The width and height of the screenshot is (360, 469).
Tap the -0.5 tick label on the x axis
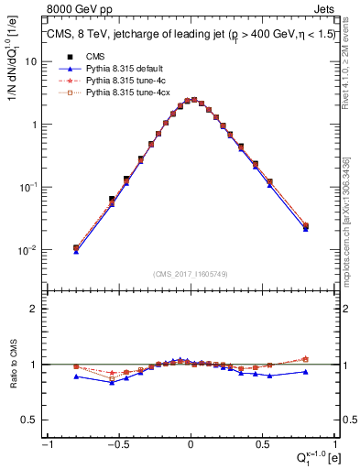[117, 443]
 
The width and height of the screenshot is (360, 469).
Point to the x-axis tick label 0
[191, 443]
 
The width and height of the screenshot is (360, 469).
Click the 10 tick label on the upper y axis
[31, 61]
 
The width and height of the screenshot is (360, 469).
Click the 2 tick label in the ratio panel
[35, 309]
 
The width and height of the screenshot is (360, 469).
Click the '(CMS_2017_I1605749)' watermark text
[191, 275]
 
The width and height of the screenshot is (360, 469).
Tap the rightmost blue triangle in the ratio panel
[305, 371]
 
